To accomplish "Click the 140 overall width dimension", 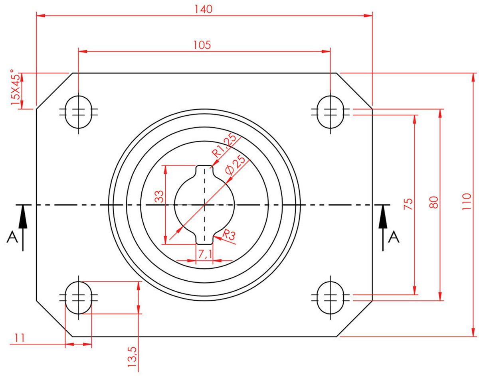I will [204, 9].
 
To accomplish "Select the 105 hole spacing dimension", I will [202, 44].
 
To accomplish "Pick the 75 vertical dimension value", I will [408, 204].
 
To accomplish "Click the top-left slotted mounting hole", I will [79, 112].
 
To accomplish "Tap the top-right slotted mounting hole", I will [331, 112].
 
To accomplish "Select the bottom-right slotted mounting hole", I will [331, 297].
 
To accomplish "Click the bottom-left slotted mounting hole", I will [79, 297].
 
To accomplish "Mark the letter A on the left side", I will [12, 238].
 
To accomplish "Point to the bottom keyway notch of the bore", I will [205, 238].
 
